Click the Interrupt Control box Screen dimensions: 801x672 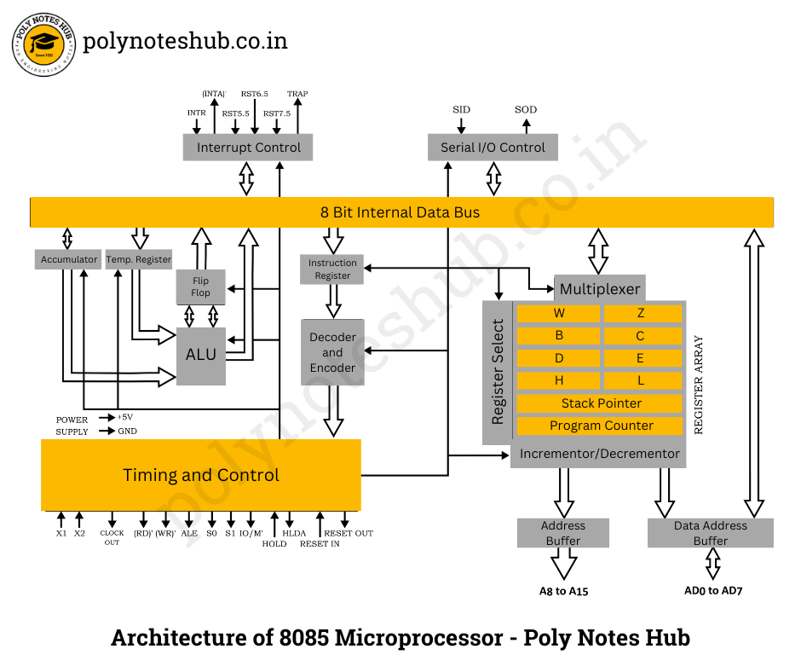pyautogui.click(x=248, y=148)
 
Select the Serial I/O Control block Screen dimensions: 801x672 pyautogui.click(x=493, y=148)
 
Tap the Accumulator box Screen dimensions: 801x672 pyautogui.click(x=68, y=259)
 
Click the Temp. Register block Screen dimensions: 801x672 pyautogui.click(x=138, y=259)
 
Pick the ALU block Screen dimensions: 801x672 pyautogui.click(x=201, y=356)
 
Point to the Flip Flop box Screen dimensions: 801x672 pyautogui.click(x=201, y=287)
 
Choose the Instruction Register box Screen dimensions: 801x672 pyautogui.click(x=332, y=269)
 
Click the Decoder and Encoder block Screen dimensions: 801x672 pyautogui.click(x=332, y=352)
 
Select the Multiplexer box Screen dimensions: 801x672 pyautogui.click(x=600, y=289)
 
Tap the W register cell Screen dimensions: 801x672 pyautogui.click(x=558, y=314)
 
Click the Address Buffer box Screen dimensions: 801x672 pyautogui.click(x=563, y=533)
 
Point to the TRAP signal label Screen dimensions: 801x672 pyautogui.click(x=297, y=94)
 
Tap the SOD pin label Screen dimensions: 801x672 pyautogui.click(x=526, y=109)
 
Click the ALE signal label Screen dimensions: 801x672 pyautogui.click(x=189, y=533)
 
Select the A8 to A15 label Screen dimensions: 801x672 pyautogui.click(x=563, y=591)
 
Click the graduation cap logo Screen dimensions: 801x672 pyautogui.click(x=44, y=44)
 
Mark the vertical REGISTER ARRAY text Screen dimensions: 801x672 pyautogui.click(x=699, y=385)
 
